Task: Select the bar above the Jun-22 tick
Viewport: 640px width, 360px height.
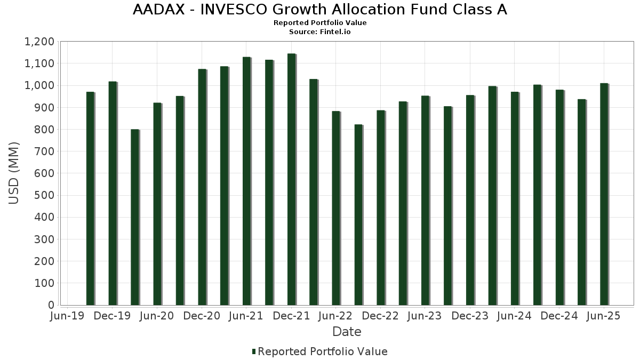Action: pyautogui.click(x=336, y=209)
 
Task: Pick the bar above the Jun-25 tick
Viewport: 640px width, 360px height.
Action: pyautogui.click(x=604, y=194)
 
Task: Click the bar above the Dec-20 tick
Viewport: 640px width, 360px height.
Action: pyautogui.click(x=202, y=187)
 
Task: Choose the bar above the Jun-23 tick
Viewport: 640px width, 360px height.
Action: pyautogui.click(x=426, y=201)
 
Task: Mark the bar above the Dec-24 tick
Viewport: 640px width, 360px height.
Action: pyautogui.click(x=559, y=197)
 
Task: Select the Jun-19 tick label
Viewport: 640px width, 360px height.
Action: pyautogui.click(x=67, y=316)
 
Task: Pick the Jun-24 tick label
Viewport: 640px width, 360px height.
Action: pyautogui.click(x=515, y=316)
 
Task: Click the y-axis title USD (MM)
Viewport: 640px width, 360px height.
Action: pyautogui.click(x=14, y=173)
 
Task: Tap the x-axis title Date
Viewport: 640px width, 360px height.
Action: pyautogui.click(x=347, y=332)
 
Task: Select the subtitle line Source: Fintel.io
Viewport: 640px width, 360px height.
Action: pyautogui.click(x=320, y=32)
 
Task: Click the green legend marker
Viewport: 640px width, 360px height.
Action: pyautogui.click(x=254, y=351)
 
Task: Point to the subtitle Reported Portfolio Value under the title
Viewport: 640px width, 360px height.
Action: pyautogui.click(x=320, y=23)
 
